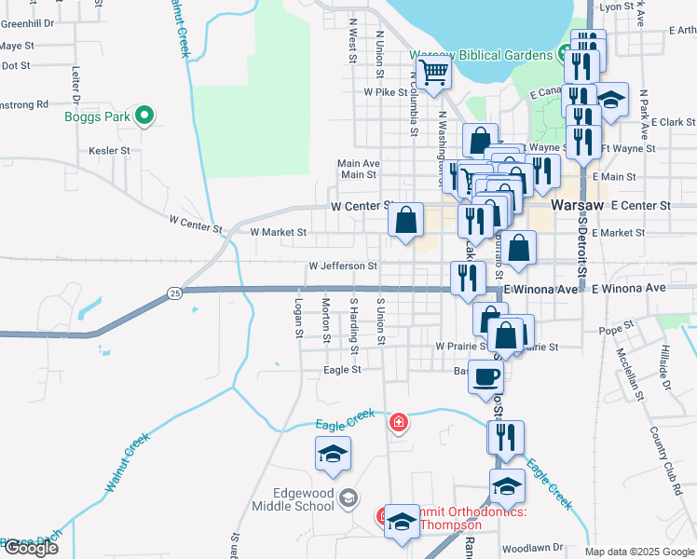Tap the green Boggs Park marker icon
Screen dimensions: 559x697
click(143, 116)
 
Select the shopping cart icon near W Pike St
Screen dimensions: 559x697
click(433, 73)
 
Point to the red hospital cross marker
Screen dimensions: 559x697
click(400, 424)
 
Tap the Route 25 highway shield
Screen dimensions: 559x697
click(175, 293)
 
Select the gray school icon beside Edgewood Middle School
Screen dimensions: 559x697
click(348, 498)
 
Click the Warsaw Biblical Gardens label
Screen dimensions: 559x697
click(482, 55)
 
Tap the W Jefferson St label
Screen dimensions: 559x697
click(343, 266)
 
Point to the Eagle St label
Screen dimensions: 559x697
click(342, 370)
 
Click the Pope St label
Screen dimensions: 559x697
click(616, 328)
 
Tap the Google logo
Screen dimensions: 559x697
click(31, 548)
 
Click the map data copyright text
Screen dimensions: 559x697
click(639, 552)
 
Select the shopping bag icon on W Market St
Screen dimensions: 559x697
click(406, 222)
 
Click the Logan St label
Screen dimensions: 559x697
click(299, 318)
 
